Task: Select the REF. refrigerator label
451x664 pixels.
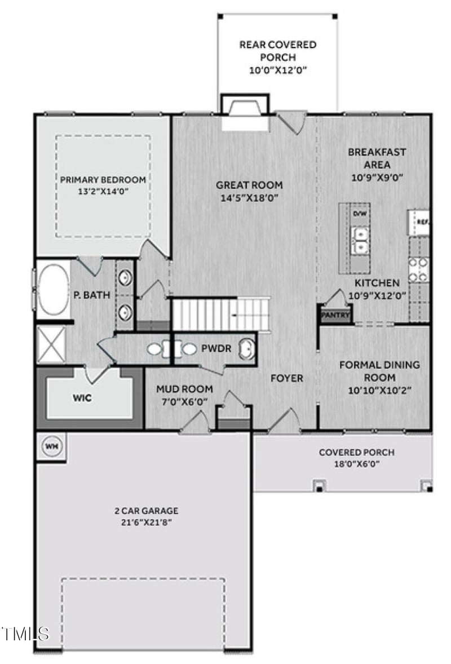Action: (x=422, y=222)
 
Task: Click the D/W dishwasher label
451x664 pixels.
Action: (x=359, y=214)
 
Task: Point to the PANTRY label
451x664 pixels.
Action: (x=335, y=316)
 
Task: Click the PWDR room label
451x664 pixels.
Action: (x=216, y=349)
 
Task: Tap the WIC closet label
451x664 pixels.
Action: (x=82, y=397)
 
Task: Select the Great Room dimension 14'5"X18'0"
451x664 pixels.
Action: (x=250, y=198)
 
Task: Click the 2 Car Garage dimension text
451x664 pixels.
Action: (x=146, y=523)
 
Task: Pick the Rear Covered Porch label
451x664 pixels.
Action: (x=278, y=51)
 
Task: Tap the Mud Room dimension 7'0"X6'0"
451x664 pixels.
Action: (x=184, y=401)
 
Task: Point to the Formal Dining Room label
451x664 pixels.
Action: (x=379, y=371)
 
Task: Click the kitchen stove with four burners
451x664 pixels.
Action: (x=419, y=269)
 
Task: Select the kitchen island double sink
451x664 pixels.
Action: (x=359, y=240)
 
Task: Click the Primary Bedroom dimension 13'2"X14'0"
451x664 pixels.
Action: (x=103, y=191)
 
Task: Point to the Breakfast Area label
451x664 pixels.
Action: (x=377, y=158)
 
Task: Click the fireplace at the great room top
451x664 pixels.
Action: (x=245, y=108)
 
